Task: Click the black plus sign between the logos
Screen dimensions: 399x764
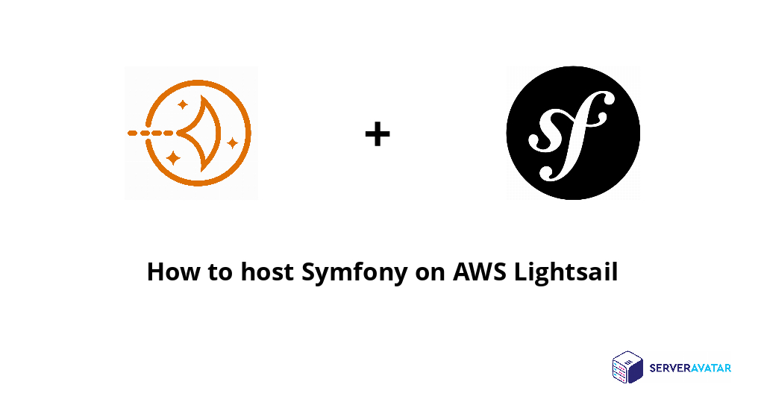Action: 377,134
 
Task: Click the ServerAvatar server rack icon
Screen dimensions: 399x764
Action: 627,368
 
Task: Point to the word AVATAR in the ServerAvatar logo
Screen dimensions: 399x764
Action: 711,368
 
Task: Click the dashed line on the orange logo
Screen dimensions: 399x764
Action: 150,133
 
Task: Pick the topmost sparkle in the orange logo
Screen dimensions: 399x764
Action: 181,104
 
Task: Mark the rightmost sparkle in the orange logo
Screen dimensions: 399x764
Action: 233,142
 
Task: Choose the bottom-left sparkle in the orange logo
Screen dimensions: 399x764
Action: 174,157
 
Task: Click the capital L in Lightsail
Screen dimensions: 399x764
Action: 521,271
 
